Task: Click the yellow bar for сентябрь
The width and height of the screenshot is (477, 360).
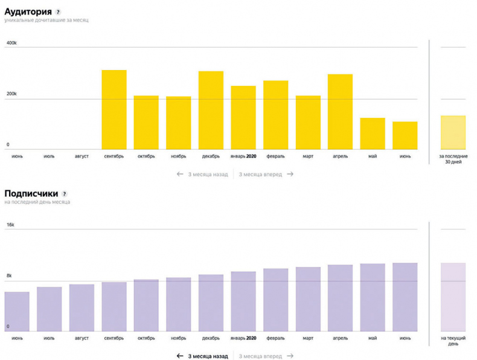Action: tap(114, 110)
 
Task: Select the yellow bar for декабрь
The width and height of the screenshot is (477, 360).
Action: tap(211, 111)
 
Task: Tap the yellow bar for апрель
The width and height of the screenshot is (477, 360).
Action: tap(340, 112)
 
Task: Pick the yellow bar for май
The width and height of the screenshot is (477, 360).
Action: tap(373, 133)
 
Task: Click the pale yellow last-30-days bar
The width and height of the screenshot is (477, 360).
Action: tap(453, 132)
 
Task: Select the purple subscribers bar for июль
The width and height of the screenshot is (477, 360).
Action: tap(50, 309)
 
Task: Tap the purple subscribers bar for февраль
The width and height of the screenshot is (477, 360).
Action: tap(275, 300)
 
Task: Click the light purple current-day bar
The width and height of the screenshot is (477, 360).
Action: tap(453, 297)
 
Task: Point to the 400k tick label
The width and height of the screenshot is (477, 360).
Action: tap(12, 43)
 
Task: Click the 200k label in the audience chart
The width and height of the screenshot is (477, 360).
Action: tap(12, 94)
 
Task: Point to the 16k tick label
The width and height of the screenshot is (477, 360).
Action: tap(10, 225)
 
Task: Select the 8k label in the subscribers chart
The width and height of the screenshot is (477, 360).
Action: tap(10, 276)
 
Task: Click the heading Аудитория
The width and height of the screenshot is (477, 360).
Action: tap(28, 11)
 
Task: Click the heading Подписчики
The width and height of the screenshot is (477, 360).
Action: tap(31, 193)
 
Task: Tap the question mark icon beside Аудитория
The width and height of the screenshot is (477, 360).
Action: tap(58, 12)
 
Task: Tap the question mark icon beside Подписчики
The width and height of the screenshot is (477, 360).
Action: tap(65, 194)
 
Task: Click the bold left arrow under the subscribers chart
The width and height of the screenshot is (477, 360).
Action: tap(179, 356)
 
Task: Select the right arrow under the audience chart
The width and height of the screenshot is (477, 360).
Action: tap(290, 174)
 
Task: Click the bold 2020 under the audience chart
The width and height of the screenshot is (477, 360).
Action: tap(252, 156)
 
